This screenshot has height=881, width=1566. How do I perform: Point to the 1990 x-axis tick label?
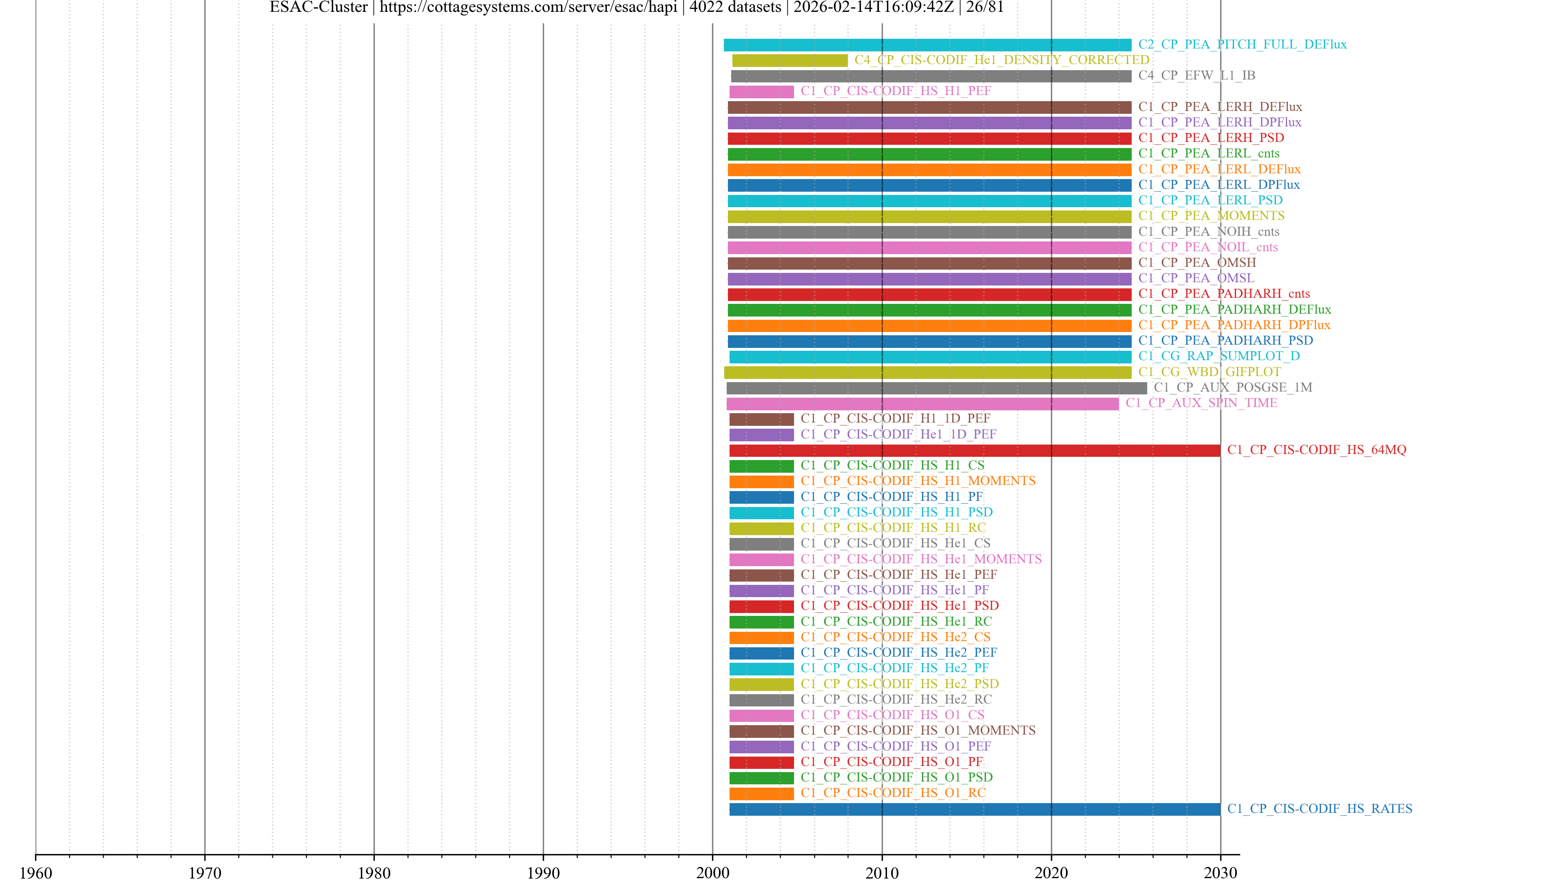543,872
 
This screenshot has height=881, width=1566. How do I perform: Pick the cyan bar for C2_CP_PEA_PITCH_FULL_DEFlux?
927,45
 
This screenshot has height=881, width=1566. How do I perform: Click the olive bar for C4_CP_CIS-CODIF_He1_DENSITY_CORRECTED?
789,60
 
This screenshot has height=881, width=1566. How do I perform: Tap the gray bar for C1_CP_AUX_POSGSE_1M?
936,388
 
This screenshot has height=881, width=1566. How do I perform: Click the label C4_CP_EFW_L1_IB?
1197,75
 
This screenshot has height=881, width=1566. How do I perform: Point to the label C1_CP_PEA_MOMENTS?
1211,216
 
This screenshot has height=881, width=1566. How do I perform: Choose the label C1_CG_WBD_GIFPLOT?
1209,372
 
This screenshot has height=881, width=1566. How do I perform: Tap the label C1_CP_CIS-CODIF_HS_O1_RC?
892,793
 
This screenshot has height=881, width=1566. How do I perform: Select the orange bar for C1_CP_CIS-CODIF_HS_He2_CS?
761,637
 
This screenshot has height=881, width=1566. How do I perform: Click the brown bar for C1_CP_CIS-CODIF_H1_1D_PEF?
761,419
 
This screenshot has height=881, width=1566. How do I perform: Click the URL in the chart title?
528,7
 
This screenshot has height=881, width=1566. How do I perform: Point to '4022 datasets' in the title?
734,7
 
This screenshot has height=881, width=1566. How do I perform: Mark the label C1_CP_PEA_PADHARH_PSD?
1225,341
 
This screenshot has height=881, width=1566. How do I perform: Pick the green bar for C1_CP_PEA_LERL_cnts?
929,154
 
